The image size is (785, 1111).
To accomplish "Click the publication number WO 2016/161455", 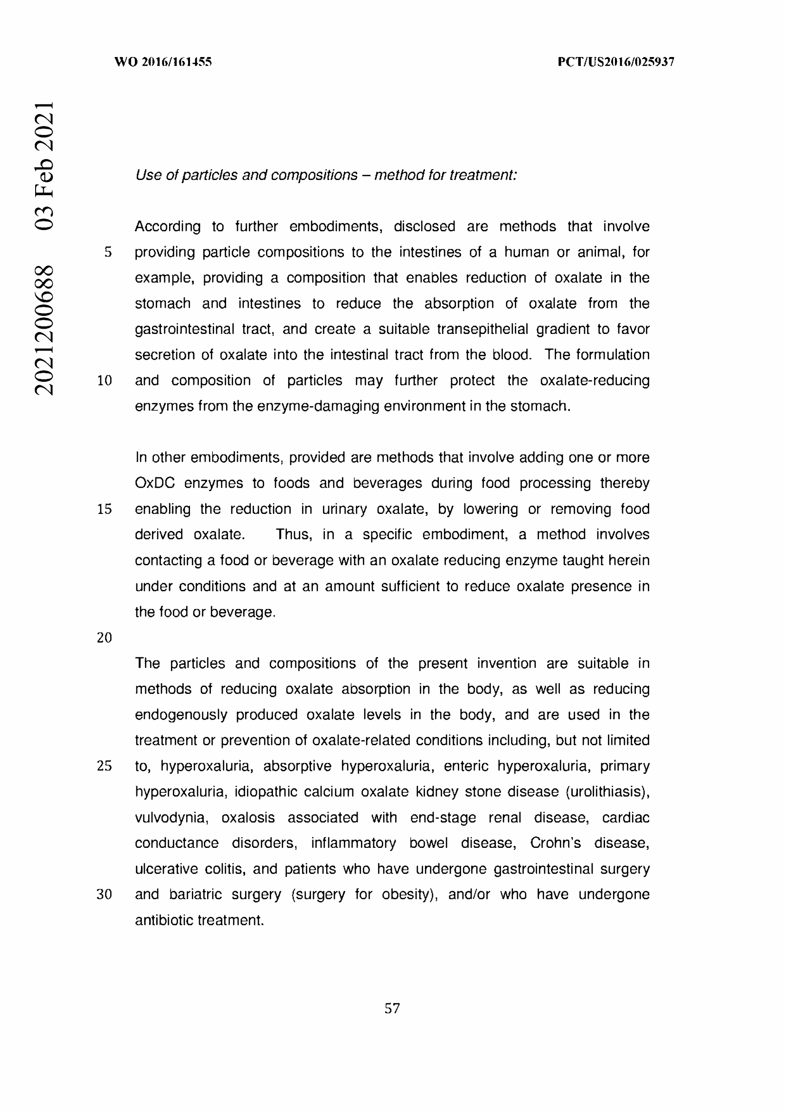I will (x=163, y=62).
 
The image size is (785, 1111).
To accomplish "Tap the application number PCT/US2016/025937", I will (x=616, y=62).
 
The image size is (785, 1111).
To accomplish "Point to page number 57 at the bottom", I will (x=392, y=1008).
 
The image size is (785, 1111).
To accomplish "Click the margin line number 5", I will (x=108, y=252).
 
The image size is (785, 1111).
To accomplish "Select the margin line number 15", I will (x=104, y=509).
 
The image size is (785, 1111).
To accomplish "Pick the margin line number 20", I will (x=104, y=638).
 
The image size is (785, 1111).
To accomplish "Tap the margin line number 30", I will (x=104, y=894).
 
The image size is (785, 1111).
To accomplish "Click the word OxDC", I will (x=154, y=484).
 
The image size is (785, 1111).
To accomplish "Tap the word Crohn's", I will (x=555, y=843).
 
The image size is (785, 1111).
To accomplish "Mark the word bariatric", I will (x=195, y=894).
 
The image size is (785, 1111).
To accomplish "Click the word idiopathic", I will (x=264, y=792).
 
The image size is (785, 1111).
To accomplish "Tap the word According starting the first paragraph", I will (x=167, y=227).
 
